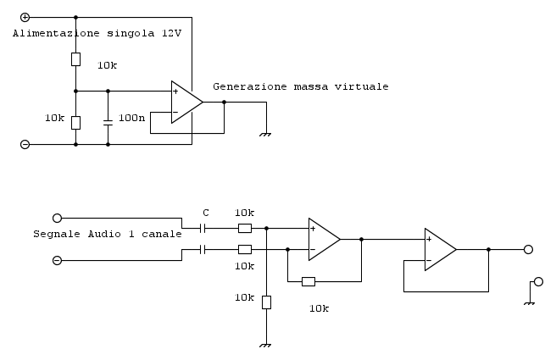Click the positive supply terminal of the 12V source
pos(25,17)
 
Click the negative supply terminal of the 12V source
pos(25,144)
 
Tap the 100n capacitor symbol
pos(108,122)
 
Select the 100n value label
pos(131,118)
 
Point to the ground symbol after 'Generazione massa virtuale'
pos(266,133)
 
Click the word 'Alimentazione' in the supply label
pos(53,33)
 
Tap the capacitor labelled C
pos(203,228)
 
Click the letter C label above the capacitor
pos(205,213)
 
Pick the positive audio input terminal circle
pos(57,218)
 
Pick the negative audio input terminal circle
pos(57,260)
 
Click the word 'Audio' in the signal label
pos(106,234)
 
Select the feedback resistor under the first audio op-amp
pos(309,281)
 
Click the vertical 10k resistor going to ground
pos(266,302)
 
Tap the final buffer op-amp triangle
pos(439,249)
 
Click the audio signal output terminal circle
pos(528,249)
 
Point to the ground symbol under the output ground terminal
pos(529,302)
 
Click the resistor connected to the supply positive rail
pos(75,58)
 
